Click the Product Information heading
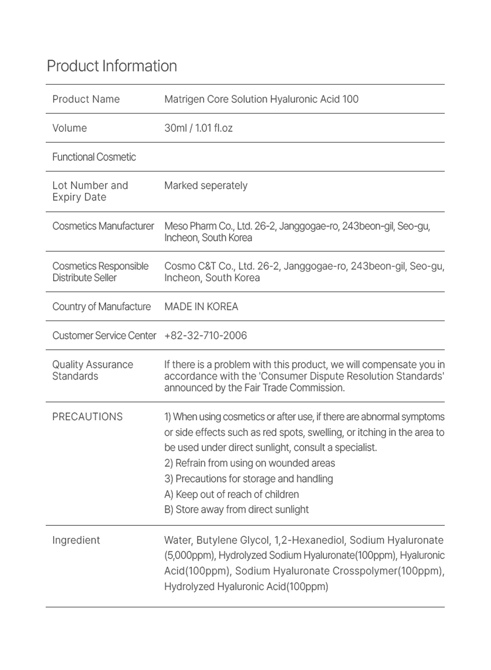112,66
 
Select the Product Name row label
86,99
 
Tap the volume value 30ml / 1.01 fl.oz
198,128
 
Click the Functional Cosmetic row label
94,157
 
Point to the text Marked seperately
206,186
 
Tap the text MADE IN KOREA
201,307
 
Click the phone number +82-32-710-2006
205,336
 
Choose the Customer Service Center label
104,336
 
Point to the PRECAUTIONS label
87,417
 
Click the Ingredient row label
76,540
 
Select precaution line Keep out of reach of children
232,494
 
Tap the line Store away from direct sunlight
237,510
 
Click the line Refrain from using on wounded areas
250,463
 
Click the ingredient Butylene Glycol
233,540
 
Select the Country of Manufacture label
102,307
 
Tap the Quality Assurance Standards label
92,370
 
